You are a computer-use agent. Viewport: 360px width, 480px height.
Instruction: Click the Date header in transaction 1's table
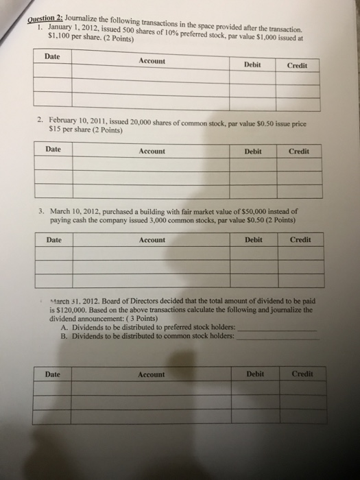pyautogui.click(x=51, y=56)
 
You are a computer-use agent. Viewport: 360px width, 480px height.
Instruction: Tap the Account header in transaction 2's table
pyautogui.click(x=152, y=151)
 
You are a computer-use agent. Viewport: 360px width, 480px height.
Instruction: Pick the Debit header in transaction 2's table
pyautogui.click(x=252, y=151)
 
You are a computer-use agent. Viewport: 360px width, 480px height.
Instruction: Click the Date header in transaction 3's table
pyautogui.click(x=53, y=239)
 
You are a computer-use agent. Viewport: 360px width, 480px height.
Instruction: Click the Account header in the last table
pyautogui.click(x=151, y=374)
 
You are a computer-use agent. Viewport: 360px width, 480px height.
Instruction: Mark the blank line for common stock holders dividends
pyautogui.click(x=278, y=338)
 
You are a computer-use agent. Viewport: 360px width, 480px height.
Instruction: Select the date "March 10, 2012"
pyautogui.click(x=78, y=212)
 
